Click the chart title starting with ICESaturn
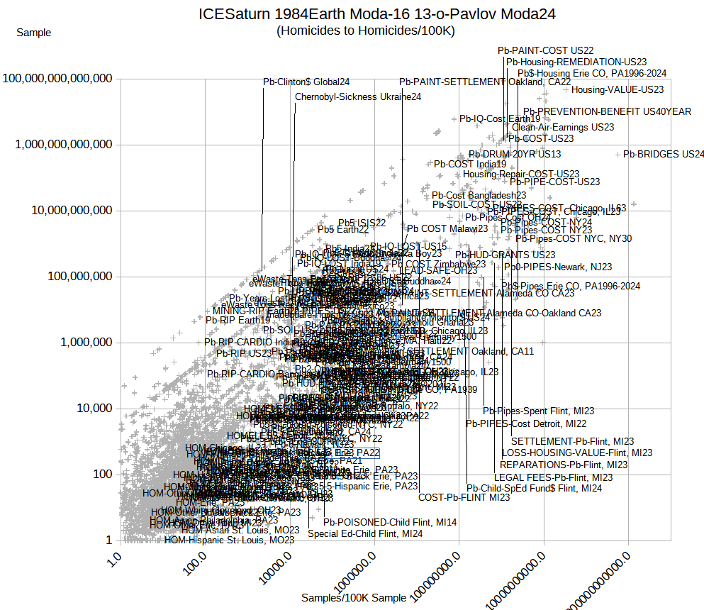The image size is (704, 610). (366, 14)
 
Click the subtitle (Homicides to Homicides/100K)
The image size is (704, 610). (366, 30)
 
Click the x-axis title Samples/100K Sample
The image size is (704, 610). (354, 598)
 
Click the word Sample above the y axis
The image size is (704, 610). (33, 32)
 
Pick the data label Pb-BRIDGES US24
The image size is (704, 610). (664, 154)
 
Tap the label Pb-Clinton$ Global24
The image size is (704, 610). (306, 82)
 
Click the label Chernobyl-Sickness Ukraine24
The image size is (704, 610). (358, 96)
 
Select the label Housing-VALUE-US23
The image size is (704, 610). (618, 90)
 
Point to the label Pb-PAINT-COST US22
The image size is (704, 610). (545, 50)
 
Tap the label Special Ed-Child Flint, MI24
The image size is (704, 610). (365, 533)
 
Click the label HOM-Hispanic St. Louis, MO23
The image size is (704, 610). (229, 540)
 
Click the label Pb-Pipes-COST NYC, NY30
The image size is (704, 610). (574, 238)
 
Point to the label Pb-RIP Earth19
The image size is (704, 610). (238, 320)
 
